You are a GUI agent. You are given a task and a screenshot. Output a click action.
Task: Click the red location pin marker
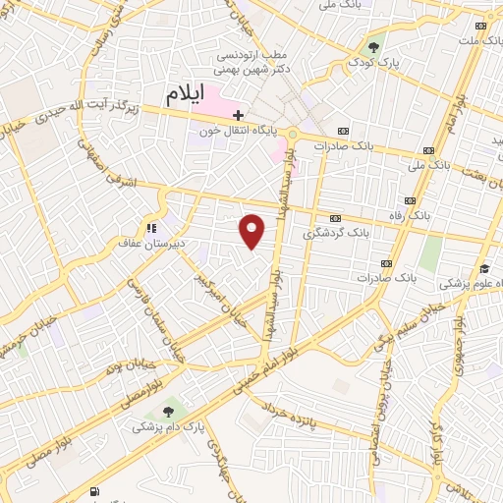[x=252, y=230]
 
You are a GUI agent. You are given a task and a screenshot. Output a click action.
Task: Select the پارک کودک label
[x=373, y=63]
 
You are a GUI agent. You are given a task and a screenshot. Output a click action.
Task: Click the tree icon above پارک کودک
[x=373, y=46]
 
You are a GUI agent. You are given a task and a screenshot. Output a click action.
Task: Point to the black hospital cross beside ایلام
[x=238, y=115]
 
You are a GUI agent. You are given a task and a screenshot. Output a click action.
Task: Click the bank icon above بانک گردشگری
[x=336, y=218]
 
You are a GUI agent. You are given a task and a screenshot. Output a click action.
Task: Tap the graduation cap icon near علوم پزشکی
[x=484, y=268]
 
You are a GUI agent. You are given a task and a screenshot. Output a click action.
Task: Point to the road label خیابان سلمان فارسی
[x=144, y=315]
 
